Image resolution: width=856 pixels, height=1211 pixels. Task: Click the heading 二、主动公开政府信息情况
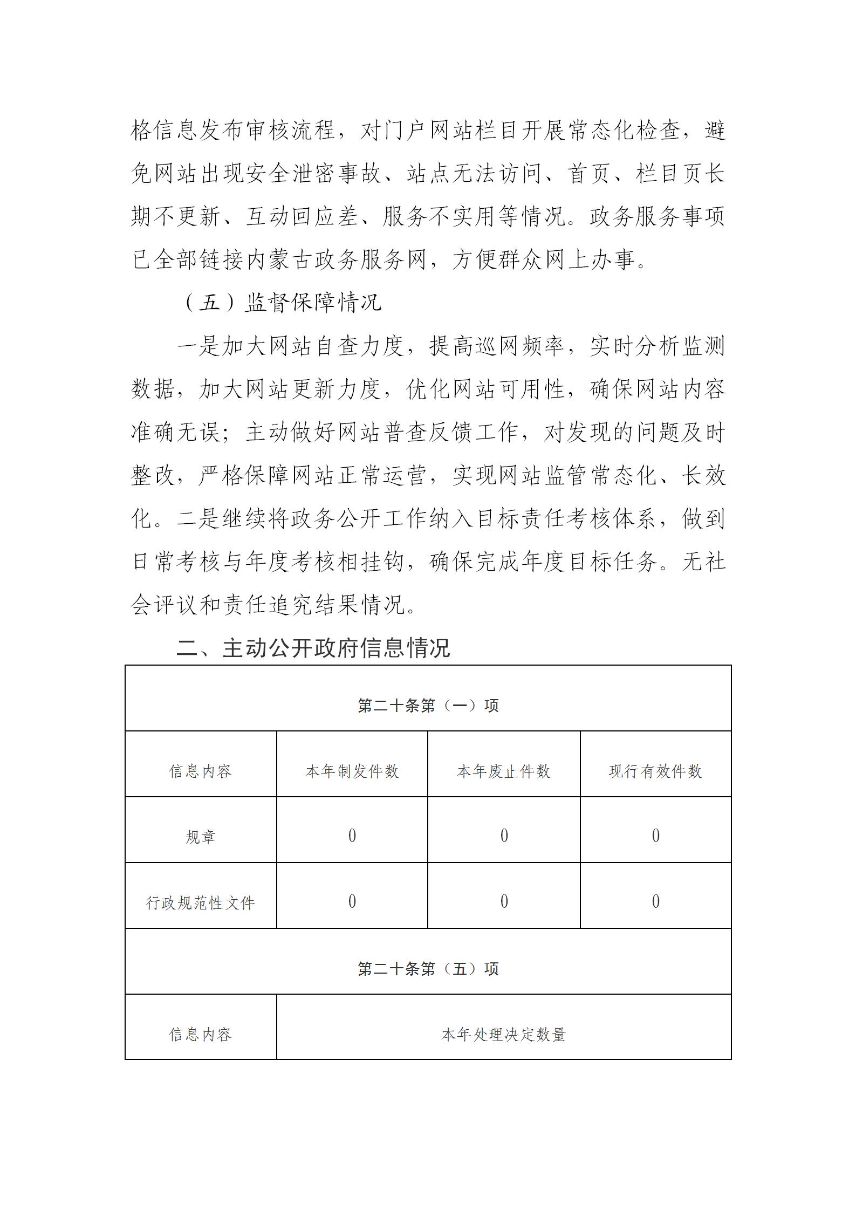pos(313,648)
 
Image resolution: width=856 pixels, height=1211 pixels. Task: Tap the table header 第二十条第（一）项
pos(428,706)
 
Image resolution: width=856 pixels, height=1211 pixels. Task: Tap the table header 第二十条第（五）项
pos(428,969)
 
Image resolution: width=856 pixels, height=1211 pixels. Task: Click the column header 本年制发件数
pos(352,771)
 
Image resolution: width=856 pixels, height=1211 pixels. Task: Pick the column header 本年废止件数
pos(503,771)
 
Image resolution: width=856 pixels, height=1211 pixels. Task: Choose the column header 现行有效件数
pos(655,771)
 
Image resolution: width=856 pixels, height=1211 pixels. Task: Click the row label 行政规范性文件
pos(200,903)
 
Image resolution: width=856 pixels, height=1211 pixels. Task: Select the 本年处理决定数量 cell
pos(503,1035)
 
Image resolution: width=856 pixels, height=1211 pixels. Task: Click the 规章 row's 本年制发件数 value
pos(352,836)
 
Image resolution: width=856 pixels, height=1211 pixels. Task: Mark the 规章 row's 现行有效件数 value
pos(655,836)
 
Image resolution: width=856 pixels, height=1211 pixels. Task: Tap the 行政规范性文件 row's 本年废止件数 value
pos(504,901)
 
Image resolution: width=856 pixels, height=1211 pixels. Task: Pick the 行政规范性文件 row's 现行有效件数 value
pos(655,901)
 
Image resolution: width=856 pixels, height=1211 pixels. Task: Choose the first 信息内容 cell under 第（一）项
pos(200,771)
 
